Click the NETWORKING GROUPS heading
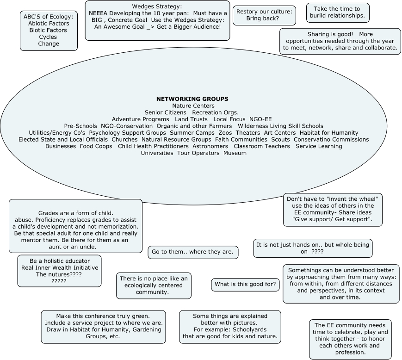click(192, 99)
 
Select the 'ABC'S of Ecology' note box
click(49, 31)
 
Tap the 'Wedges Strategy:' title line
click(157, 7)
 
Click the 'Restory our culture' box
click(264, 15)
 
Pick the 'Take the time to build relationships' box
click(338, 12)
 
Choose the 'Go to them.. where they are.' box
click(193, 252)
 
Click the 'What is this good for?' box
click(245, 285)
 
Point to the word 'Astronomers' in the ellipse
click(210, 146)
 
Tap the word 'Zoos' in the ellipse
click(225, 133)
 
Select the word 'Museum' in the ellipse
click(235, 153)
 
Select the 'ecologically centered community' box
click(154, 285)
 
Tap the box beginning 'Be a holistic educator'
click(60, 271)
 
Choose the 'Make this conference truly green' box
click(103, 326)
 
